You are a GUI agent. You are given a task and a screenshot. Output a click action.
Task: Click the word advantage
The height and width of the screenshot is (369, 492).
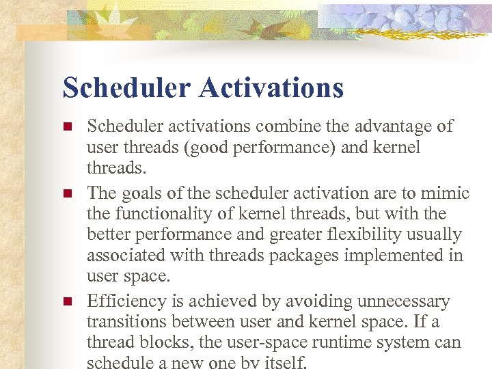394,126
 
